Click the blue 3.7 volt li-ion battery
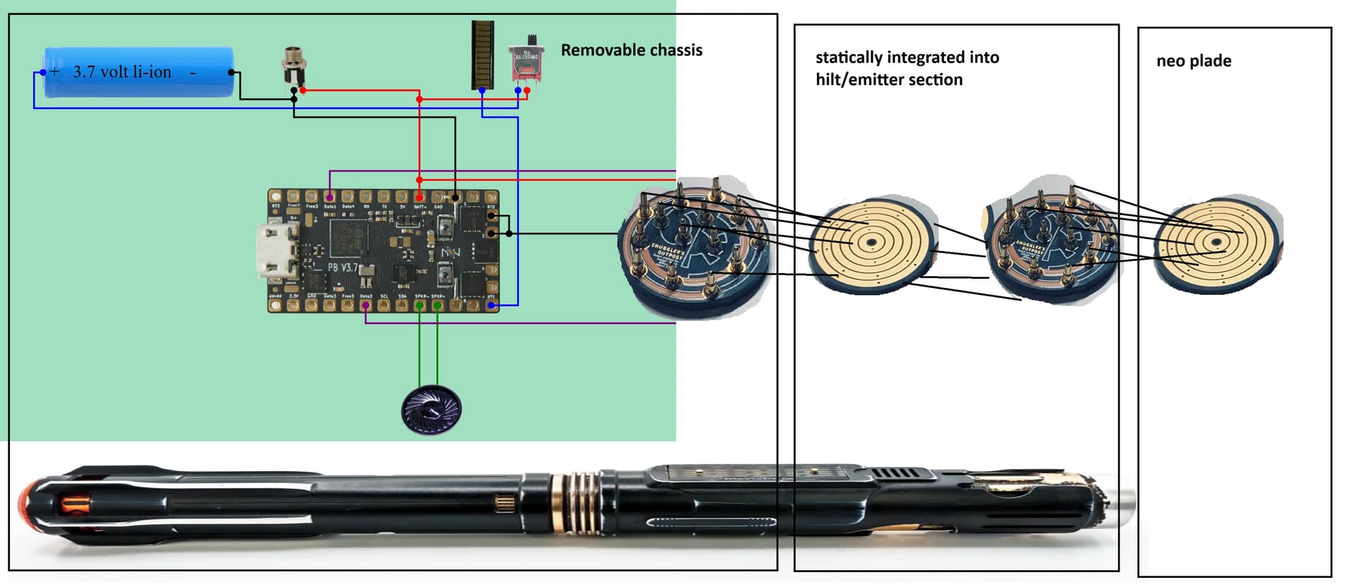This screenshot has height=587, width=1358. coord(139,71)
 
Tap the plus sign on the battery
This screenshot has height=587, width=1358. coord(55,71)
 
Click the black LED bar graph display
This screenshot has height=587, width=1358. coord(482,54)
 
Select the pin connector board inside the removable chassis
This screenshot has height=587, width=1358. coord(693,244)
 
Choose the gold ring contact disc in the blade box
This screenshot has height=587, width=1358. coord(1217,242)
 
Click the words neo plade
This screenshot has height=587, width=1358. coord(1193,61)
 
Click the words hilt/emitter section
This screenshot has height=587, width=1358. coord(888,79)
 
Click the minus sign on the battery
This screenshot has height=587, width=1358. coord(192,71)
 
